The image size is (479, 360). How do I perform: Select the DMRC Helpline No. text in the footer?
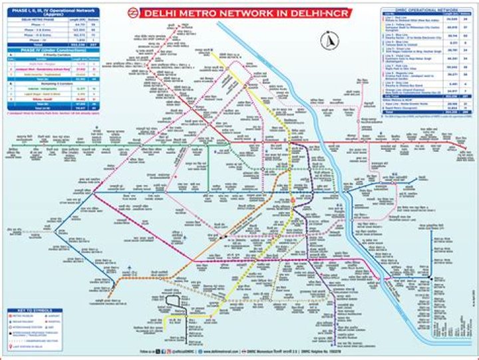pos(312,349)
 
